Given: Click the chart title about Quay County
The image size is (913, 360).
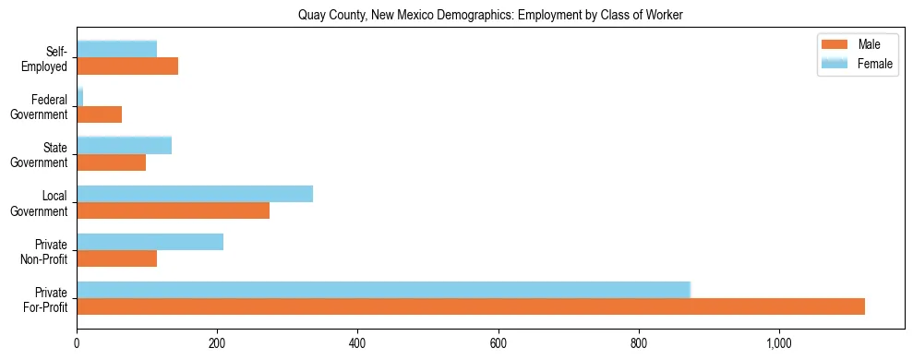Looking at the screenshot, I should point(489,15).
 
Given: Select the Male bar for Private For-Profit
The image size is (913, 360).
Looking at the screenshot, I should point(471,306).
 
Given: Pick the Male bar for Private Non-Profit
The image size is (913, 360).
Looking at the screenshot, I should point(117,258).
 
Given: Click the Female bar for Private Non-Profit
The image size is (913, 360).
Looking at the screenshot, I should point(150,242).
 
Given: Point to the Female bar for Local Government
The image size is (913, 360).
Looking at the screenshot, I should point(195,194).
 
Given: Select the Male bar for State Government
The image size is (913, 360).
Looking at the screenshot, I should point(112,162).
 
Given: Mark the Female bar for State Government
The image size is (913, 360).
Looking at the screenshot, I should point(125,145).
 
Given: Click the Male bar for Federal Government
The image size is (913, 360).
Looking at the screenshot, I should point(100,114).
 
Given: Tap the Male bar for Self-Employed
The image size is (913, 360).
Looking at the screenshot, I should point(127,66).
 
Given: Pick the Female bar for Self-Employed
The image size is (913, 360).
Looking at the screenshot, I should point(117,49).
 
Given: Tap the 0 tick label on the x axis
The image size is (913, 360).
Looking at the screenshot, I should point(78,344).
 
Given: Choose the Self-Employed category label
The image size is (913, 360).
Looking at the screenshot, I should point(50,59).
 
